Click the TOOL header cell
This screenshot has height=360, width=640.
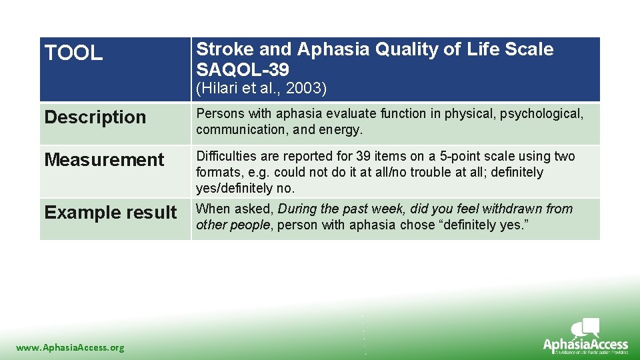(x=74, y=53)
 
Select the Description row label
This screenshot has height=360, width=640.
(x=95, y=117)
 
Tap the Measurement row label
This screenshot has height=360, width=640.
(x=104, y=160)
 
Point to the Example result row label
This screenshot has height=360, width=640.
(x=111, y=213)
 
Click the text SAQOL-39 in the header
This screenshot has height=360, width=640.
(x=243, y=69)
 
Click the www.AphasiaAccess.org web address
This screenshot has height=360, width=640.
(x=70, y=347)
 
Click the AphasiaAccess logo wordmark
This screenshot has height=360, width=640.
(x=585, y=345)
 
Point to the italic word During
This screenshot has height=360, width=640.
(x=298, y=209)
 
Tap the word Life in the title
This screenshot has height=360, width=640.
(x=478, y=49)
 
